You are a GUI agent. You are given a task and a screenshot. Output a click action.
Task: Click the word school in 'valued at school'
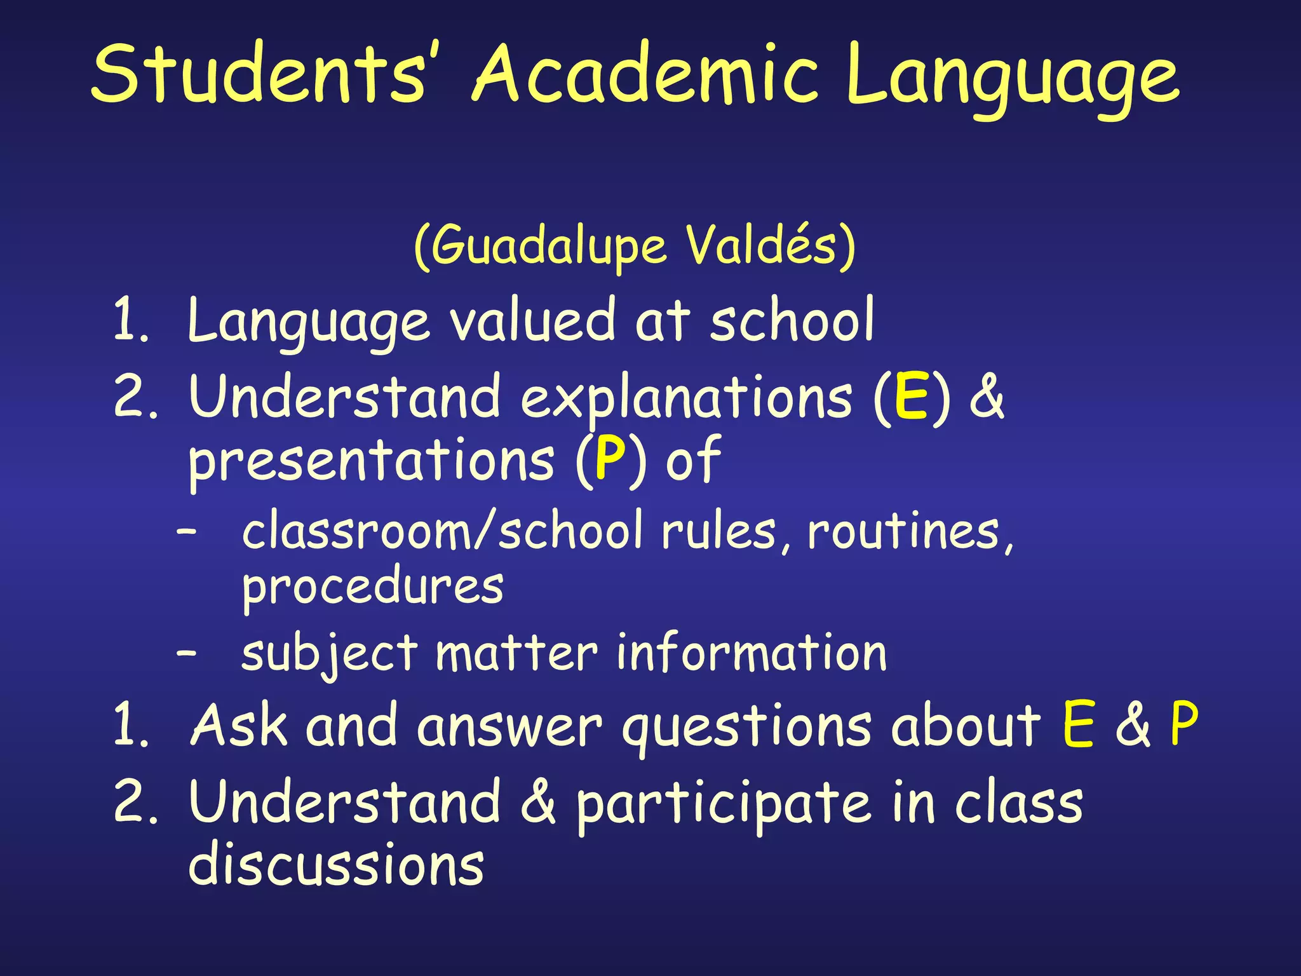coord(792,321)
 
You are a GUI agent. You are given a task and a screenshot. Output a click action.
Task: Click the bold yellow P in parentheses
coord(610,459)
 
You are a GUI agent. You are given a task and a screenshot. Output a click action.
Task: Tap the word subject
coord(330,654)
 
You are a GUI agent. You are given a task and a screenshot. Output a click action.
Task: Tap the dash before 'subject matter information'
coord(187,652)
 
